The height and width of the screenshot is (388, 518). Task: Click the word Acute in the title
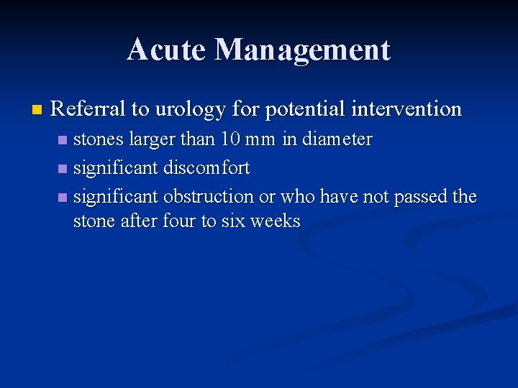tap(167, 50)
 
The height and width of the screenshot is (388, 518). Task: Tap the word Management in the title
tap(302, 50)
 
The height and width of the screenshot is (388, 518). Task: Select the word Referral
tap(88, 109)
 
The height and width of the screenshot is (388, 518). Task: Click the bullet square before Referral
tap(37, 110)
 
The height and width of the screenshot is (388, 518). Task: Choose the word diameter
tap(337, 139)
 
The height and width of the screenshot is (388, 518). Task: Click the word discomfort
tap(206, 168)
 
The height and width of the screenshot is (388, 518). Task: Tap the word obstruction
tap(209, 196)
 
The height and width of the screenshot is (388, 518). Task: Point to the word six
tap(232, 221)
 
